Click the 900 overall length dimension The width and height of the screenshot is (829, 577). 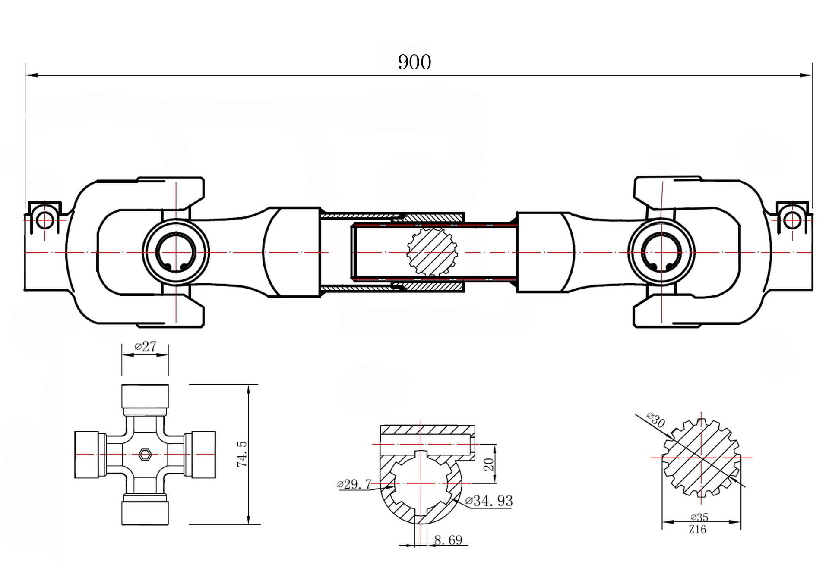coord(414,62)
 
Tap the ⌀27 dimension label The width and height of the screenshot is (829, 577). coord(146,346)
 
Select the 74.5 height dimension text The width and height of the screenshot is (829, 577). coord(242,454)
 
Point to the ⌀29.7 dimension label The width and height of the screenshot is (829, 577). coord(354,484)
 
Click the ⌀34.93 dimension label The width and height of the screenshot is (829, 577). coord(489,501)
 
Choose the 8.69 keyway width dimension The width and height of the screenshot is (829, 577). coord(448,540)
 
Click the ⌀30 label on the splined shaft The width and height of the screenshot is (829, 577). coord(656,420)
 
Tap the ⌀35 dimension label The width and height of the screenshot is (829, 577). coord(699,517)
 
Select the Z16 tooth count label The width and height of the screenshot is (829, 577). coord(697,529)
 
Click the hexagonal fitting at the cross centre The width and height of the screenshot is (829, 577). coord(145,454)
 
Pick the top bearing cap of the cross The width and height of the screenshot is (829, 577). coord(145,396)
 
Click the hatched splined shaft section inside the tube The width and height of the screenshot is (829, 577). coord(432,252)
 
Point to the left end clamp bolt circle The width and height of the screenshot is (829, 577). coord(44,221)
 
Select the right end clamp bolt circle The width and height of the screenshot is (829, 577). coord(792,221)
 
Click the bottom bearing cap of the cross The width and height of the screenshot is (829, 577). coord(145,513)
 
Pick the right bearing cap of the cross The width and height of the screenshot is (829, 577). coord(200,455)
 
